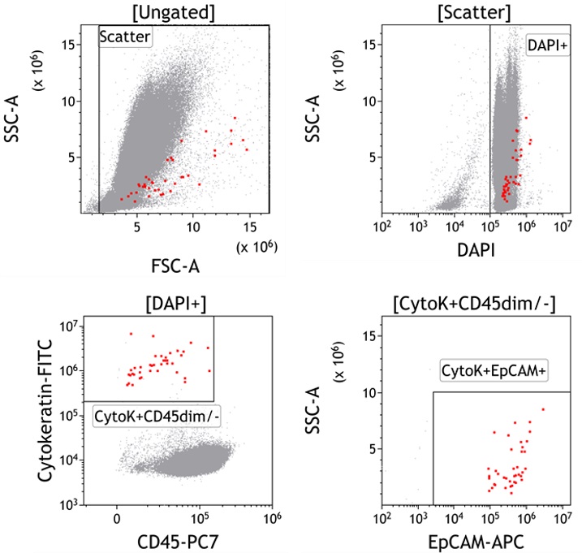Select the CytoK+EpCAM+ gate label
(x=496, y=372)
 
